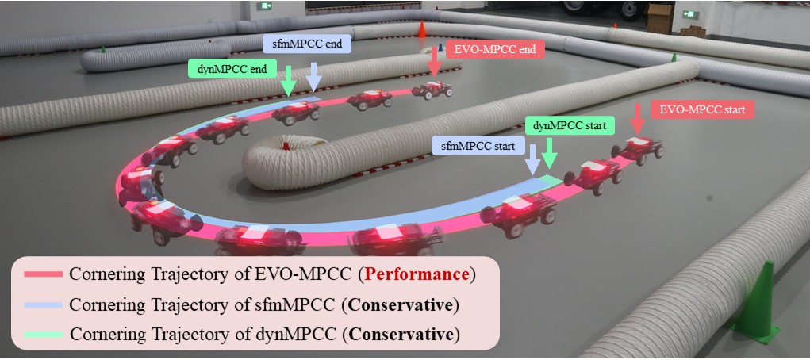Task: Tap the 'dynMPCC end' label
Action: (227, 70)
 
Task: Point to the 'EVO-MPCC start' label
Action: (702, 109)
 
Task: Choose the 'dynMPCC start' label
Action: (569, 125)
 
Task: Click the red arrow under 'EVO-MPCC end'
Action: (434, 63)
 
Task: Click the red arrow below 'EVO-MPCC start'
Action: (636, 120)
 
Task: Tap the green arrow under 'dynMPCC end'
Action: (288, 80)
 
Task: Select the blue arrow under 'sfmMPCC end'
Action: (313, 76)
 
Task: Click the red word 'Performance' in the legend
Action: (428, 275)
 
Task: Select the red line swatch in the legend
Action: (44, 275)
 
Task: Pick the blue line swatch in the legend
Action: (44, 304)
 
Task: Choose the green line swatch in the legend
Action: (44, 334)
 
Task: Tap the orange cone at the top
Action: (422, 29)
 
